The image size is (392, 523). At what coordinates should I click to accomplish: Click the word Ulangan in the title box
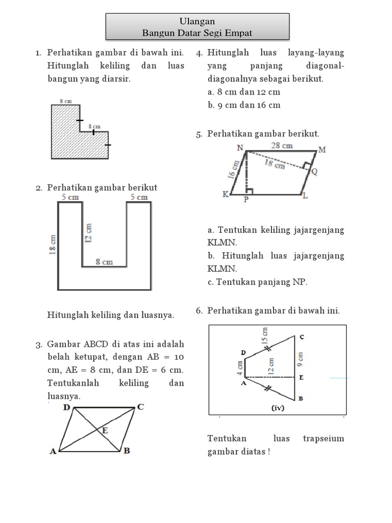tap(197, 21)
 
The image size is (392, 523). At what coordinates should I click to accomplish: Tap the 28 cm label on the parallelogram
tap(282, 146)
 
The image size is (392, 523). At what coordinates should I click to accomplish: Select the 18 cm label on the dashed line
tap(275, 163)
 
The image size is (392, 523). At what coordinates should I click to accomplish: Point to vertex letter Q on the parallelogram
tap(314, 173)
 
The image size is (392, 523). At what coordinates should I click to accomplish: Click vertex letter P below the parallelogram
tap(246, 200)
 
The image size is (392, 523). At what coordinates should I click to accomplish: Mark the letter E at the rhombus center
tap(105, 431)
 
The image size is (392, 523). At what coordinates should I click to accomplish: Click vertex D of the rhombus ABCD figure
tap(67, 408)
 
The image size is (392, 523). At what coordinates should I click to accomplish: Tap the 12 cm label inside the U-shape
tap(88, 233)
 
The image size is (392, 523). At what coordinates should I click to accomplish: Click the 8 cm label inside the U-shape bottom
tap(105, 262)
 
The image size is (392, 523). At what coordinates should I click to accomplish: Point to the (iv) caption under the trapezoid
tap(278, 408)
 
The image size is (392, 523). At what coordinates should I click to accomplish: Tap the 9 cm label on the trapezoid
tap(301, 359)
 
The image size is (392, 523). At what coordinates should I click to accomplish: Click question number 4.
tap(200, 53)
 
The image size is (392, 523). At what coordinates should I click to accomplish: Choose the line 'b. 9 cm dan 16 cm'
tap(244, 105)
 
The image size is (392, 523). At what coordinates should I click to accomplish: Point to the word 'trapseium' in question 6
tap(324, 438)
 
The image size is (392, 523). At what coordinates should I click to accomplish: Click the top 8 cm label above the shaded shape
tap(64, 102)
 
